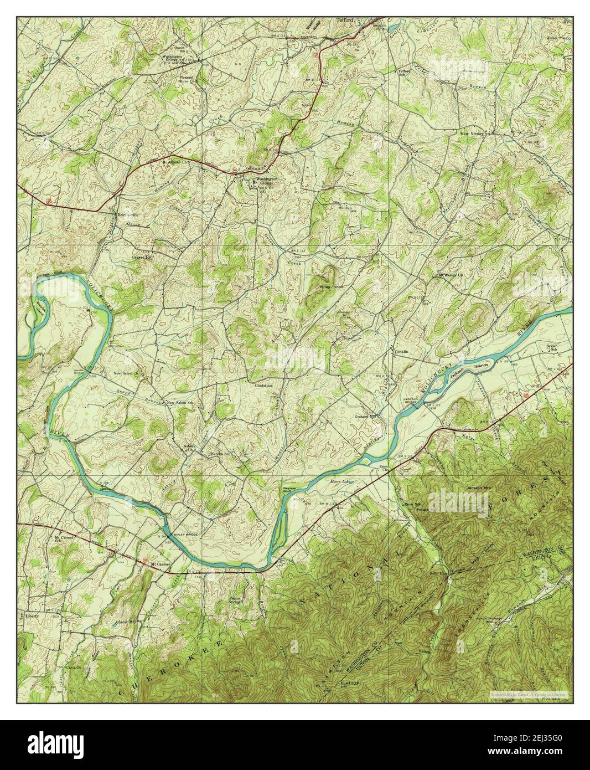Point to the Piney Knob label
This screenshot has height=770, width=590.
click(x=331, y=287)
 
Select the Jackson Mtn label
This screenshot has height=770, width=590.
click(x=479, y=487)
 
